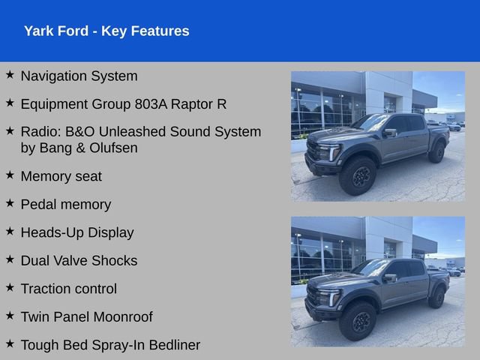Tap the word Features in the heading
tap(160, 31)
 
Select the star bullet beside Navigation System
tap(10, 74)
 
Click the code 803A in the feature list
tap(151, 104)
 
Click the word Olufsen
tap(113, 148)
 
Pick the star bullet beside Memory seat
tap(10, 175)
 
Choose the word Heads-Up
tap(52, 233)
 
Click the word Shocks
tap(115, 261)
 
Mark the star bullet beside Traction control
tap(10, 287)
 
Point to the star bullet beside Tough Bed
tap(10, 343)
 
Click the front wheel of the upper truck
tap(358, 175)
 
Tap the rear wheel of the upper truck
tap(436, 151)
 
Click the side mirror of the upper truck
tap(390, 133)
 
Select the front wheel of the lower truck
tap(358, 321)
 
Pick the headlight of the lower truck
tap(329, 297)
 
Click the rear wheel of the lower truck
tap(436, 297)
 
